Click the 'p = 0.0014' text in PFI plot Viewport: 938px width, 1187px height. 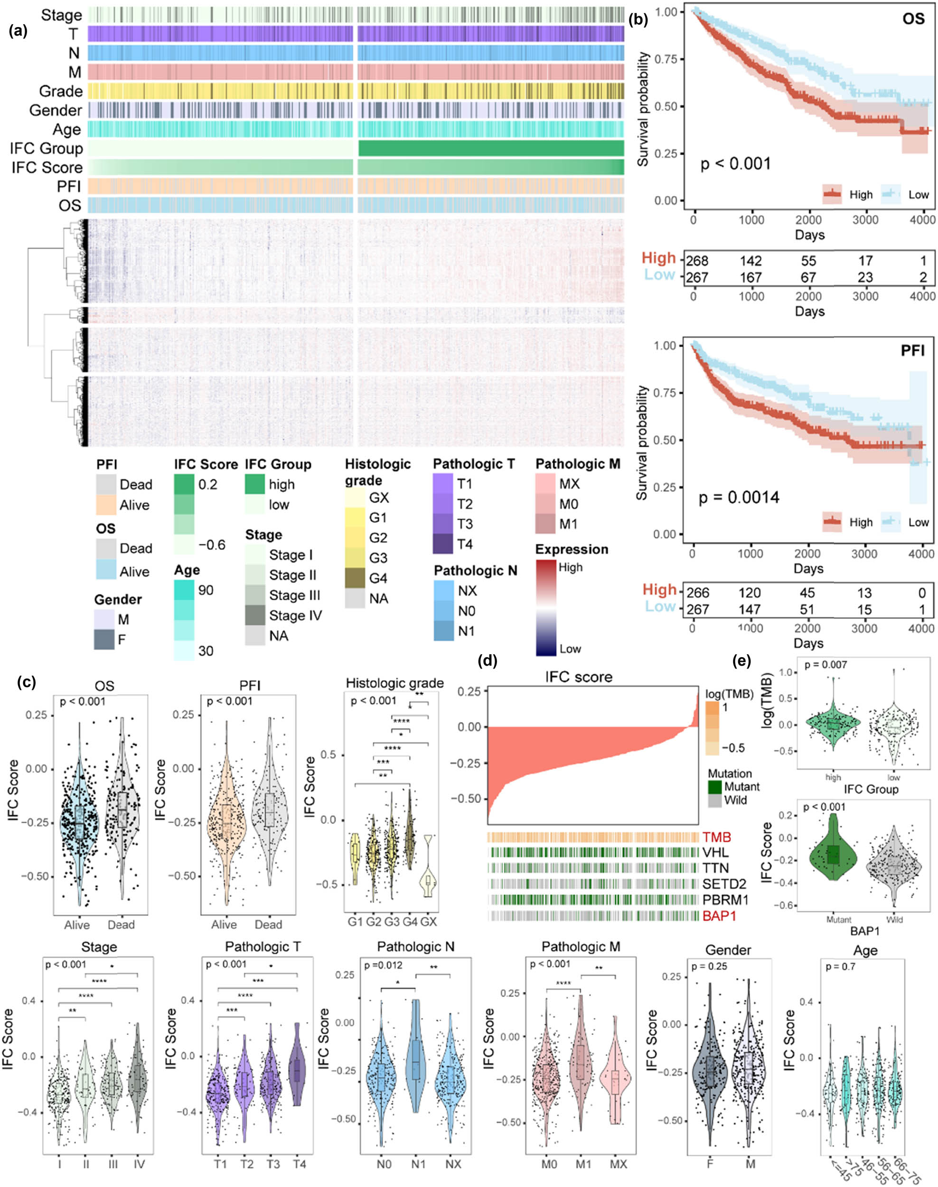coord(739,498)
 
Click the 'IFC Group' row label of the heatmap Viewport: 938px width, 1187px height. coord(46,148)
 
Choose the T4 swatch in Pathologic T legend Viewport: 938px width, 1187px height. coord(443,544)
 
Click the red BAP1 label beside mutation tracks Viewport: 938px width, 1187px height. coord(715,916)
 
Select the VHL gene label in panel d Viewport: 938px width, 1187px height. coord(713,852)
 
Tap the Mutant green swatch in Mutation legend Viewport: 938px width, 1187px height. coord(713,787)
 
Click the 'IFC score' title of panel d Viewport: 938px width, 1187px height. coord(578,677)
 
